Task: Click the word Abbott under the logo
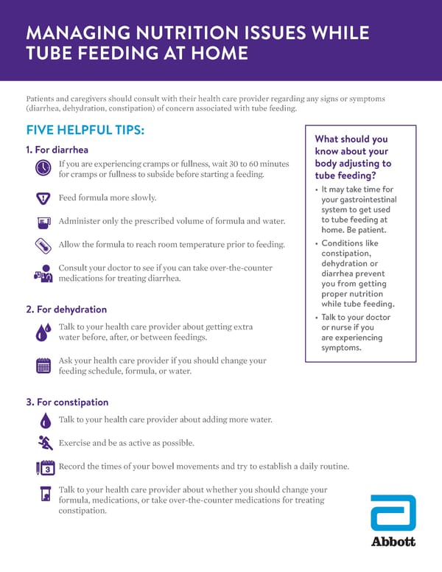(x=393, y=542)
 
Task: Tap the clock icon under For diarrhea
(x=43, y=168)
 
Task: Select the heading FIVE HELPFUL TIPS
(x=85, y=130)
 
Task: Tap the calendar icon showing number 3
(x=46, y=467)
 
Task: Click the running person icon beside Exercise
(x=45, y=442)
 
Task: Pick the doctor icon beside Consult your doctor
(x=42, y=273)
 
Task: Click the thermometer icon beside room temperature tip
(x=43, y=245)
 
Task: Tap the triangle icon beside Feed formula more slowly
(x=43, y=198)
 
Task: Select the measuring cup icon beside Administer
(x=43, y=221)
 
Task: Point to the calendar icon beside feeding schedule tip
(x=43, y=365)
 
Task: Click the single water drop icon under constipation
(x=45, y=419)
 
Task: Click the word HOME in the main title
(x=212, y=55)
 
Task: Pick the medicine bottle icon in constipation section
(x=45, y=493)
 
